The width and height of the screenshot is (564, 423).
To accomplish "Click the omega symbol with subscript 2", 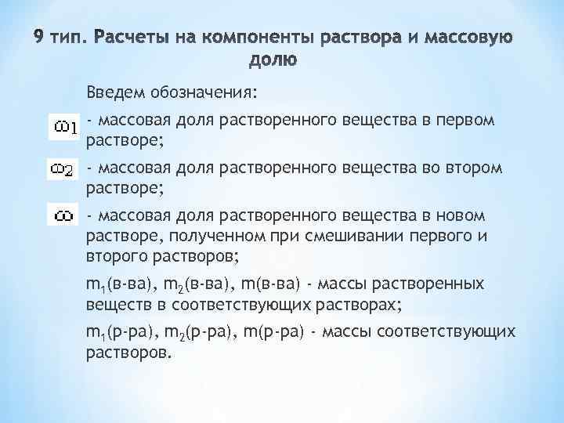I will click(x=63, y=169).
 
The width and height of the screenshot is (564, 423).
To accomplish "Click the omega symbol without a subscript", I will click(x=63, y=213).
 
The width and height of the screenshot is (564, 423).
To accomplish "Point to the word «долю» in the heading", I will click(x=272, y=60).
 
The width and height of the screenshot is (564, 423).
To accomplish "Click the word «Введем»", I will click(x=114, y=94).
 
